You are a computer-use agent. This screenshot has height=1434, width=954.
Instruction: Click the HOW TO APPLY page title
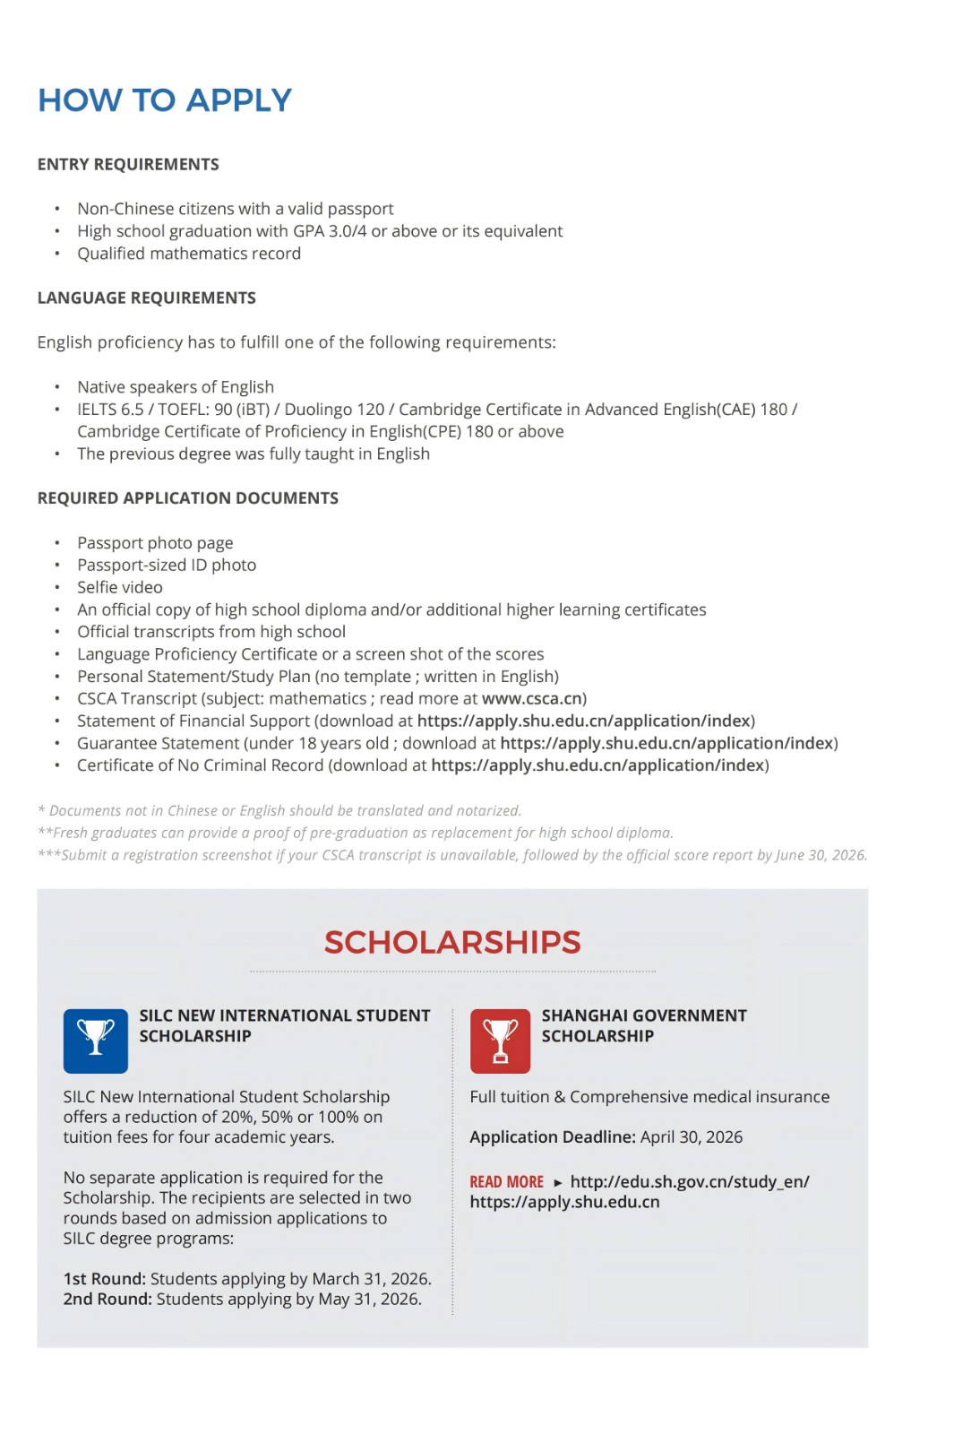click(x=165, y=100)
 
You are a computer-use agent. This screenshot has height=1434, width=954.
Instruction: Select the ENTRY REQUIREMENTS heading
click(x=128, y=164)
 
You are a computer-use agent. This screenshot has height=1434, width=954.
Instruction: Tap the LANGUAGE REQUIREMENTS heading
click(x=146, y=298)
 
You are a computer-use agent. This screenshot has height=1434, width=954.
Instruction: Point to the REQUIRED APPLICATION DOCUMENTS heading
click(x=187, y=497)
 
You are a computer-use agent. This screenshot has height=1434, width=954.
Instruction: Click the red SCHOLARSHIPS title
click(x=452, y=942)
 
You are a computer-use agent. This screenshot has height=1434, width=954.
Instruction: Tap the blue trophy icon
click(x=95, y=1041)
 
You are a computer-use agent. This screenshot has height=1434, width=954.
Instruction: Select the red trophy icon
click(x=500, y=1041)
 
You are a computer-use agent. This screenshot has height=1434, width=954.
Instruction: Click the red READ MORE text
click(x=506, y=1182)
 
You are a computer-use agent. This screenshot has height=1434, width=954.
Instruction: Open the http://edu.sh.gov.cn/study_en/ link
click(x=689, y=1181)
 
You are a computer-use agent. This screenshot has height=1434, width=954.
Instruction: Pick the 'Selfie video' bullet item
click(x=120, y=587)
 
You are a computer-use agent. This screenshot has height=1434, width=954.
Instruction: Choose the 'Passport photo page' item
click(x=155, y=542)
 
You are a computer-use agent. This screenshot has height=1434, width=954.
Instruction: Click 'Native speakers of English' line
click(x=176, y=386)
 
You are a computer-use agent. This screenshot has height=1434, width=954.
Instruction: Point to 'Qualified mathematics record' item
click(x=189, y=254)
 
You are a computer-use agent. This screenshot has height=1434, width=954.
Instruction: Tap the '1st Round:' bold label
click(x=104, y=1278)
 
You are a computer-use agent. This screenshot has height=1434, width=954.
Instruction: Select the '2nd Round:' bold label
click(x=107, y=1299)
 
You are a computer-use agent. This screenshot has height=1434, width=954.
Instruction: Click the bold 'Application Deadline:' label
click(x=553, y=1136)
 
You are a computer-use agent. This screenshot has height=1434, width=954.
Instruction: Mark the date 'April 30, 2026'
click(x=692, y=1136)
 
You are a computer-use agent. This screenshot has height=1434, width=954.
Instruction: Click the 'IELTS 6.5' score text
click(x=110, y=409)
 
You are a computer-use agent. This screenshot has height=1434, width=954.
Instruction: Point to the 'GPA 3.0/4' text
click(x=330, y=231)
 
